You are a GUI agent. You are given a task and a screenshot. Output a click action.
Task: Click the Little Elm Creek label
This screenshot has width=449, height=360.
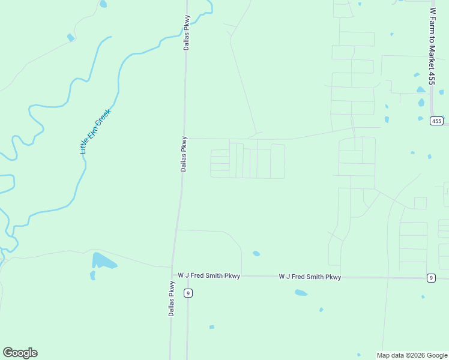pos(96,131)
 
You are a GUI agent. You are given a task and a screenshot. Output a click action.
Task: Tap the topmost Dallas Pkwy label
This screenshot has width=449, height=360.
pos(187,32)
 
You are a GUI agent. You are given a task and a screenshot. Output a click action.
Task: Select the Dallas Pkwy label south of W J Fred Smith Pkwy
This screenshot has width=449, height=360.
pos(172,299)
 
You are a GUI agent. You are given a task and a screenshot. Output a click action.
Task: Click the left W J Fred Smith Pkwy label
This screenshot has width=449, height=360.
pos(209,276)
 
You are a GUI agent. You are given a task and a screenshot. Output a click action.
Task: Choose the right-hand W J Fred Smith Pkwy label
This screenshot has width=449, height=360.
pos(310,277)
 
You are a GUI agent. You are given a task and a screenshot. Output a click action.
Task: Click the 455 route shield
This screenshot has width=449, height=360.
pos(436,121)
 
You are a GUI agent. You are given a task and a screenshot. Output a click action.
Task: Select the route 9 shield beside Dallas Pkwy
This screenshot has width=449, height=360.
pos(188,293)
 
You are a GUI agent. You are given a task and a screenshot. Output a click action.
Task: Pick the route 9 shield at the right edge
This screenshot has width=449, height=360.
pos(431,277)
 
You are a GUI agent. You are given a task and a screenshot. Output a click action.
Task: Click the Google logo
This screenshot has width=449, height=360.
pos(20,353)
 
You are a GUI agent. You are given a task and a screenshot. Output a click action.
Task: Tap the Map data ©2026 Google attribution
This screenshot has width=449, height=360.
pos(412,355)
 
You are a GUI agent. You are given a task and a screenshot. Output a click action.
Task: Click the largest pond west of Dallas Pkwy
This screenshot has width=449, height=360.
pos(103,261)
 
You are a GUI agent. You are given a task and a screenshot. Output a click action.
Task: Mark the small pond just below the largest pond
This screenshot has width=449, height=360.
pos(92,275)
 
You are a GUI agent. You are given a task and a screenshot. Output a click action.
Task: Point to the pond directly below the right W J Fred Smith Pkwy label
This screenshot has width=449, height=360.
pos(301,293)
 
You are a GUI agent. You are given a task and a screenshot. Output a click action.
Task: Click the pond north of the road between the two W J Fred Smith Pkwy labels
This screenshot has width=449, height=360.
pos(256,254)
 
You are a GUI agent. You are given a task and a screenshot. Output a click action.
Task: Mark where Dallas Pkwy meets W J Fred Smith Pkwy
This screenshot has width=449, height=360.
pos(173,275)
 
